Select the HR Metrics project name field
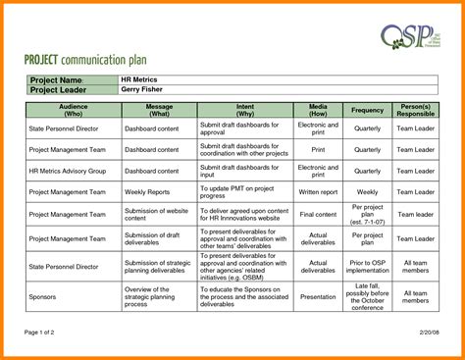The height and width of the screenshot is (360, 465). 141,79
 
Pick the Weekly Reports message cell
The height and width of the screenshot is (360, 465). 147,191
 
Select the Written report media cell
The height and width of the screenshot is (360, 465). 318,191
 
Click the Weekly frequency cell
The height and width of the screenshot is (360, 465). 367,191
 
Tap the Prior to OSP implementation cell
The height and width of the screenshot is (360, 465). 367,265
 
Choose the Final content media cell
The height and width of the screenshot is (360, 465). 318,214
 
